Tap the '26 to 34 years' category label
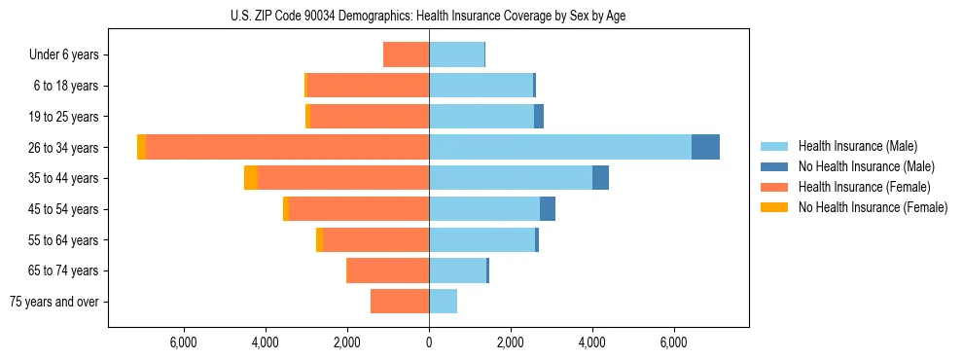click(x=64, y=148)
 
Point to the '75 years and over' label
click(x=54, y=302)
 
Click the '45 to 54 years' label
click(x=64, y=209)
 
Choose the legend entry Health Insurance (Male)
click(x=857, y=146)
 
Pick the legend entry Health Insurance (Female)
click(x=864, y=187)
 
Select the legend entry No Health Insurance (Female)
click(x=873, y=207)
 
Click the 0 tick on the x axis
click(x=429, y=342)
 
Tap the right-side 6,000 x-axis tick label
click(x=674, y=342)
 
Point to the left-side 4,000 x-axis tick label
click(x=266, y=342)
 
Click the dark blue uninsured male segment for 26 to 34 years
click(x=705, y=147)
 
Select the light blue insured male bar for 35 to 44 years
click(x=511, y=178)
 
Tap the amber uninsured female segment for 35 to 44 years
click(x=251, y=178)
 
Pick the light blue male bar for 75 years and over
click(x=443, y=302)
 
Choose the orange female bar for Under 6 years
click(x=407, y=54)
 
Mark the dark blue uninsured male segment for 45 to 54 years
click(x=548, y=209)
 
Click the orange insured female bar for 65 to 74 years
click(x=388, y=270)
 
